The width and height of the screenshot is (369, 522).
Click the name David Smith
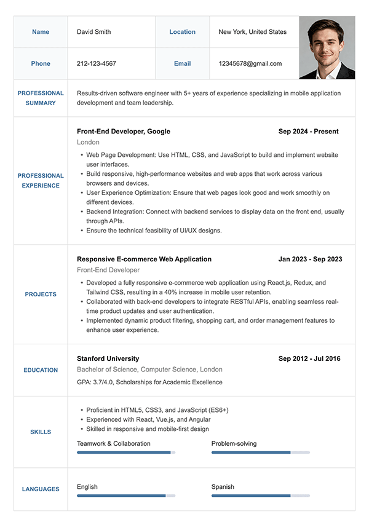coord(93,32)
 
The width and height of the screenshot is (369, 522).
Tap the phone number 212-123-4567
coord(96,63)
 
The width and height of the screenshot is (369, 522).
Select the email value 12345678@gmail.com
coord(250,63)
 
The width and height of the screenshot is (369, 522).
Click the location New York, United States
coord(252,32)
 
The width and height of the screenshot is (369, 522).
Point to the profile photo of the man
coord(327,48)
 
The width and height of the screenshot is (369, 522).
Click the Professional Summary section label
coord(41,98)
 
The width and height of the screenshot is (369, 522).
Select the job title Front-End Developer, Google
coord(124,131)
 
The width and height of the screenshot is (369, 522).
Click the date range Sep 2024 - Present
coord(308,131)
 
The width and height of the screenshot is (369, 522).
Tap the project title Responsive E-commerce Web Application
coord(144,259)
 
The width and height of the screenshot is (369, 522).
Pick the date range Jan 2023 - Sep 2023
coord(310,259)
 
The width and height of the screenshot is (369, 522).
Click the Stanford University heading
coord(108,358)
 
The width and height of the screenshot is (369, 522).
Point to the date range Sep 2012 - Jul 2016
coord(309,358)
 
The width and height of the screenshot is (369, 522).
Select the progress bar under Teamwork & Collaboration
coord(125,453)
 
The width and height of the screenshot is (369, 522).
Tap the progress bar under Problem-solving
coord(260,453)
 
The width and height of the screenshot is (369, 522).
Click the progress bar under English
coord(125,496)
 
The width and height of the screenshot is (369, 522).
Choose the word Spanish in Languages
coord(223,486)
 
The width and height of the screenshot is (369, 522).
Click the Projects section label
coord(41,295)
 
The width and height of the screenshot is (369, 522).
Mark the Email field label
coord(183,63)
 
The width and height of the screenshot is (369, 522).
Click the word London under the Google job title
coord(88,142)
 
